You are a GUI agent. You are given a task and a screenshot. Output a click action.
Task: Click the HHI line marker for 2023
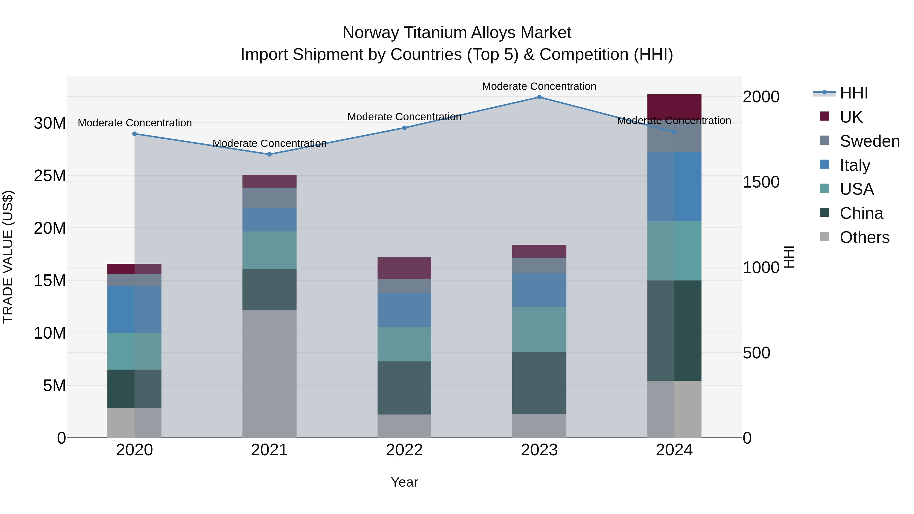coord(539,97)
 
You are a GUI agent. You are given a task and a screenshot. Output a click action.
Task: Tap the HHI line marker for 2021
coord(269,154)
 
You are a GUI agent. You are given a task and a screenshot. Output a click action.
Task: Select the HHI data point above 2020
coord(135,134)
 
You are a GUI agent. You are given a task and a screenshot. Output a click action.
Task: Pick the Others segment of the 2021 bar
coord(269,374)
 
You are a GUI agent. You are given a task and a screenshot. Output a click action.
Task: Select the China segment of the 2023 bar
coord(539,383)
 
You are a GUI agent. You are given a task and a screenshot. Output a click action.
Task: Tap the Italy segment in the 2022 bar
coord(404,310)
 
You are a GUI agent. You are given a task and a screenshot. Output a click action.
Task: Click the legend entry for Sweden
coord(869,141)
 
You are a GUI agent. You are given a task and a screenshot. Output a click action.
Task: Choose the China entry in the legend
coord(861,213)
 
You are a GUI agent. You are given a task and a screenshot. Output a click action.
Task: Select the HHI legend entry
coord(853,93)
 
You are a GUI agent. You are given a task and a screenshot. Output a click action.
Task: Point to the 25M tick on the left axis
coord(50,176)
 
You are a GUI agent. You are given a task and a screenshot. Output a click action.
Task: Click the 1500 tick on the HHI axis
coord(761,182)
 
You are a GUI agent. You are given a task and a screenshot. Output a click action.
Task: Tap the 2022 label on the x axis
coord(404,450)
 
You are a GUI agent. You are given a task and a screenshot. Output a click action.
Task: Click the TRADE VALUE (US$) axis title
coord(8,257)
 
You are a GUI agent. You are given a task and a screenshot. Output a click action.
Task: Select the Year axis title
coord(404,482)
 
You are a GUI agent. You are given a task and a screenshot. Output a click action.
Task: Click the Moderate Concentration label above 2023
coord(539,86)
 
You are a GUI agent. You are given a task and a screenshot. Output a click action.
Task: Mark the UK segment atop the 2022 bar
coord(404,268)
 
